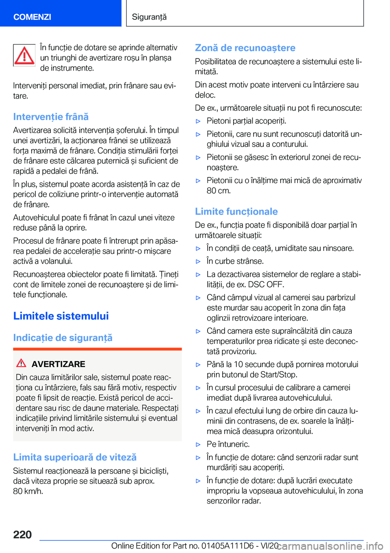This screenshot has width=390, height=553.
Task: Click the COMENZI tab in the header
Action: (x=32, y=17)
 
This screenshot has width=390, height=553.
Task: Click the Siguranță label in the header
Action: (x=149, y=17)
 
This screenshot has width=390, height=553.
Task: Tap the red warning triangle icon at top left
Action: (x=24, y=55)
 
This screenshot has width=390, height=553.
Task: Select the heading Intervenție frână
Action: (x=51, y=117)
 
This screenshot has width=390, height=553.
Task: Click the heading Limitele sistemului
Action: (x=61, y=316)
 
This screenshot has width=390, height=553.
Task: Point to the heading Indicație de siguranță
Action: (x=63, y=338)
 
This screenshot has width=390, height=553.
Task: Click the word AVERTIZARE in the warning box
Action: (x=58, y=364)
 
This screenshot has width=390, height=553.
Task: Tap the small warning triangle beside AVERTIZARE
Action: (x=22, y=363)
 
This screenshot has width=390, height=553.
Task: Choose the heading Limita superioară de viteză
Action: (x=75, y=457)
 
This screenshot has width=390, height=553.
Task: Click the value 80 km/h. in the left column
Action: (x=28, y=491)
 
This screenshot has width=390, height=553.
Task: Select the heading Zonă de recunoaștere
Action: (x=245, y=48)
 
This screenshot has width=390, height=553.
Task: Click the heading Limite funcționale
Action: (x=236, y=212)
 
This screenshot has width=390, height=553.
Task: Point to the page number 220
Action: (x=22, y=534)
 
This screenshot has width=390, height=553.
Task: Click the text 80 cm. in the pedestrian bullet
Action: (x=219, y=191)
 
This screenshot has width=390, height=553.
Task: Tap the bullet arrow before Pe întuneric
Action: (x=198, y=445)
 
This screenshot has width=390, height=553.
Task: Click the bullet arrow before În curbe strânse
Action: (x=198, y=261)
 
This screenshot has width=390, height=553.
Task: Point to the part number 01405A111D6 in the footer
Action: (x=227, y=546)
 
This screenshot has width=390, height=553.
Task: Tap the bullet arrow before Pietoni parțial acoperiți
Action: (x=198, y=121)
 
